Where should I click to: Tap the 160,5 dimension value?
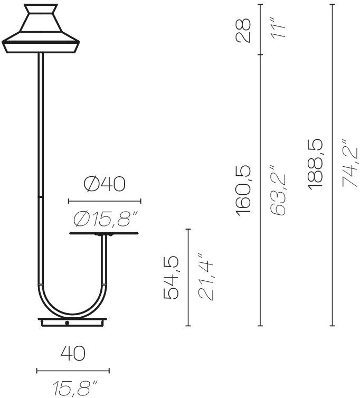click(x=244, y=190)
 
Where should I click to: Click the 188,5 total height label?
click(x=316, y=164)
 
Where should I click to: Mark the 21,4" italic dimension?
click(x=205, y=280)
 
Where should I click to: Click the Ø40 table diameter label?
click(x=105, y=184)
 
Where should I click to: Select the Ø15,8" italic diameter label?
click(x=106, y=217)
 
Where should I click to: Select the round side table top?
click(x=103, y=233)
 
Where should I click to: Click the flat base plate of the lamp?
click(x=72, y=322)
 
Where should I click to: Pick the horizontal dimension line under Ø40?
click(x=105, y=201)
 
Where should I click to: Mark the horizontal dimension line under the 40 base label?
click(x=73, y=371)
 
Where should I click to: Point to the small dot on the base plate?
click(x=67, y=323)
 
